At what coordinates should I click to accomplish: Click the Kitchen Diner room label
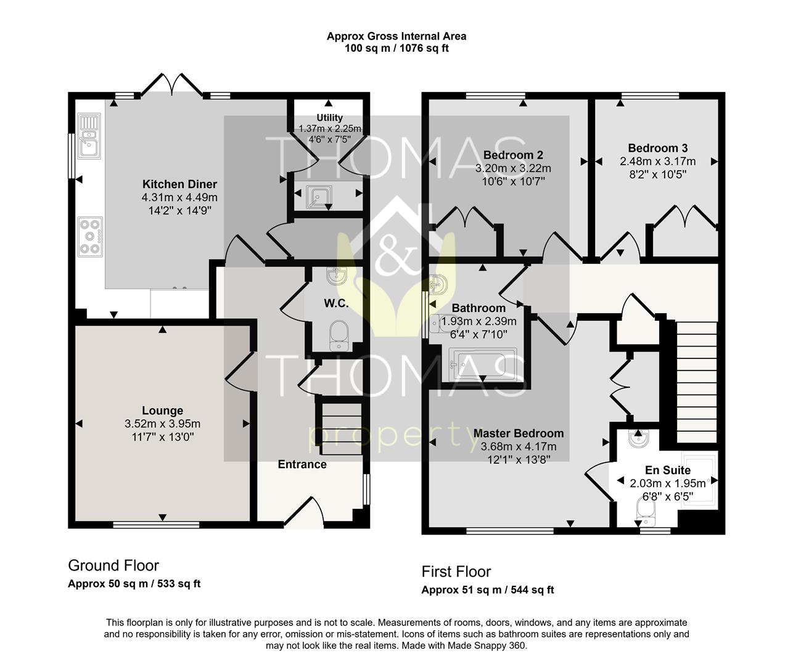pyautogui.click(x=179, y=184)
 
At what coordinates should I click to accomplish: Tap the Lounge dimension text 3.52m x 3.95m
pyautogui.click(x=163, y=424)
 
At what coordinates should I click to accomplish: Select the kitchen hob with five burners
pyautogui.click(x=91, y=237)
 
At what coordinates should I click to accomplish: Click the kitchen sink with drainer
pyautogui.click(x=89, y=136)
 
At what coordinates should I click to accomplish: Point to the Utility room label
pyautogui.click(x=330, y=118)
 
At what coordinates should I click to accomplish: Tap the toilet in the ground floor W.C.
pyautogui.click(x=339, y=336)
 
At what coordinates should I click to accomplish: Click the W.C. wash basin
pyautogui.click(x=337, y=276)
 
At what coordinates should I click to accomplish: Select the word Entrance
pyautogui.click(x=302, y=464)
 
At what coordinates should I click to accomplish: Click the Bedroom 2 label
pyautogui.click(x=513, y=155)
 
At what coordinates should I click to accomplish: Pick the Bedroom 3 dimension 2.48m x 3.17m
pyautogui.click(x=658, y=162)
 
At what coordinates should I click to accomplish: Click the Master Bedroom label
pyautogui.click(x=519, y=433)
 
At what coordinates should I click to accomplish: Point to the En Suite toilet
pyautogui.click(x=646, y=512)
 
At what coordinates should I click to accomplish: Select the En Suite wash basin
pyautogui.click(x=638, y=438)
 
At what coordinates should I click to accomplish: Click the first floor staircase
pyautogui.click(x=697, y=382)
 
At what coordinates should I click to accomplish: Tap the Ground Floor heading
pyautogui.click(x=113, y=565)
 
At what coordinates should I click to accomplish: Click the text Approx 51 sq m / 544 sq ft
pyautogui.click(x=488, y=590)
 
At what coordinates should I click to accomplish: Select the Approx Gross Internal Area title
pyautogui.click(x=396, y=36)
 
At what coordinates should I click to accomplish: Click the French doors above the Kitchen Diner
pyautogui.click(x=171, y=84)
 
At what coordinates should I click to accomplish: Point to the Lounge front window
pyautogui.click(x=156, y=525)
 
